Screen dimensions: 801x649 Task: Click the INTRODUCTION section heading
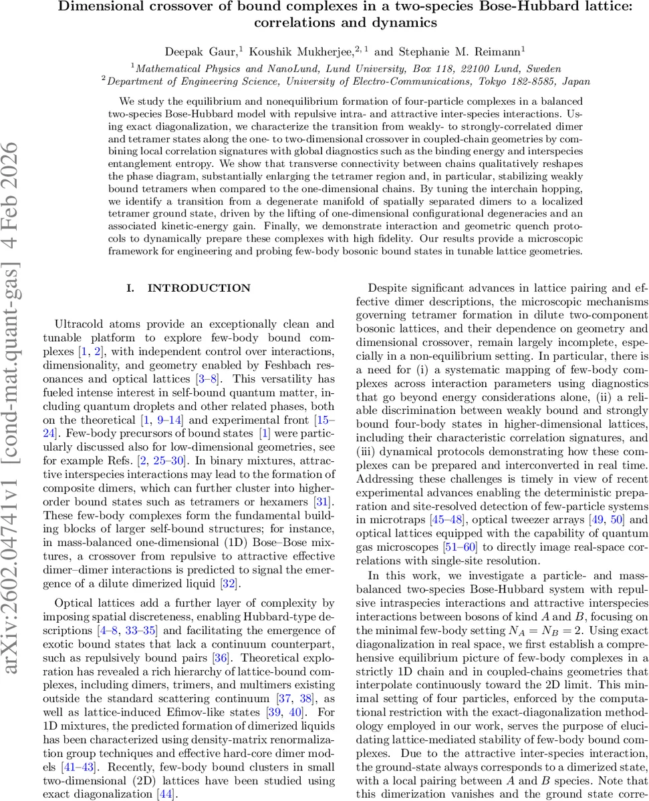(199, 288)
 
